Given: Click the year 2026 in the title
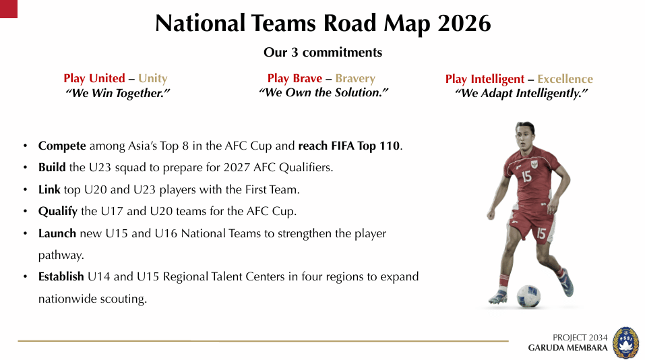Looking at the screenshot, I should [x=464, y=24].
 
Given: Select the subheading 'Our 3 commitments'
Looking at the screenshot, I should [x=322, y=53].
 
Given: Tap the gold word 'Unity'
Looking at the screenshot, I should [x=152, y=79].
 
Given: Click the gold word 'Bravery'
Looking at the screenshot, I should [x=355, y=79].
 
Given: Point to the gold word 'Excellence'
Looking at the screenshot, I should [x=565, y=80].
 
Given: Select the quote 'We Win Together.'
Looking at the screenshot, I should [x=117, y=94].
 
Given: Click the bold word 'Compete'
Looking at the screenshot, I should [x=62, y=146].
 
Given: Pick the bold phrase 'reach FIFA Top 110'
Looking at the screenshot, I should [x=349, y=146].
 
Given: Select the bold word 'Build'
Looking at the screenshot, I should [x=52, y=167].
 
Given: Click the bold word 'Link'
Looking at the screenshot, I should [x=49, y=189].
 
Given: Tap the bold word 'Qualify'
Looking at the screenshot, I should [x=58, y=212].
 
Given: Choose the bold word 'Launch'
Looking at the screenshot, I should [x=57, y=234].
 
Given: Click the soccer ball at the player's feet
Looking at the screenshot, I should [x=528, y=296].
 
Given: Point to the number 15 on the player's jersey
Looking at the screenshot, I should [x=526, y=177].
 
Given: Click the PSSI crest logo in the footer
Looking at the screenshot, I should [x=625, y=342].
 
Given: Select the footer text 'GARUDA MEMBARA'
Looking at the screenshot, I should [x=567, y=349].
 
